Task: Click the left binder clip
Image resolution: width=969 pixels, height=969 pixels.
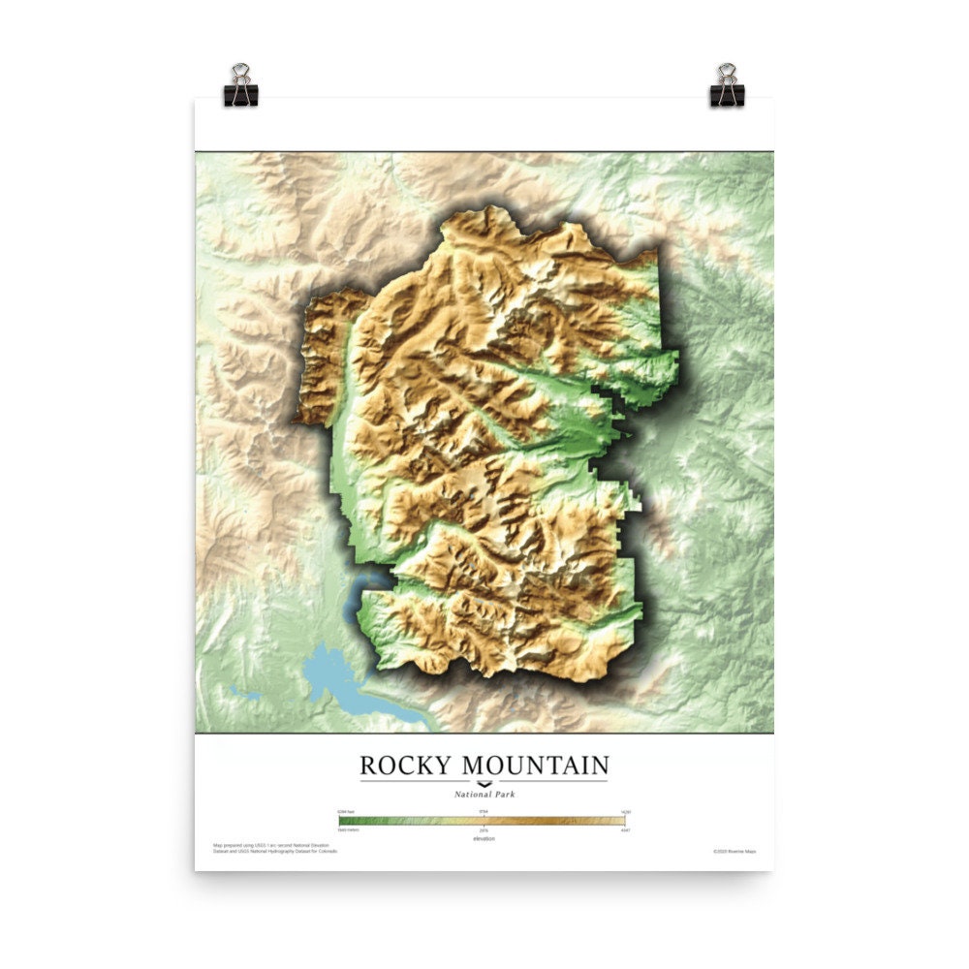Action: [x=240, y=86]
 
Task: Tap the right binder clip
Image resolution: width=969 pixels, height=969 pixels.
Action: [x=727, y=86]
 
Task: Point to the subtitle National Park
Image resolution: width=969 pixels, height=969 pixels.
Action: [x=484, y=794]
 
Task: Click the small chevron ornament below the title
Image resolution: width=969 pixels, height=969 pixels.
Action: [x=484, y=782]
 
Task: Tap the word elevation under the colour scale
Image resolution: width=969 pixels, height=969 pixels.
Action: [x=484, y=838]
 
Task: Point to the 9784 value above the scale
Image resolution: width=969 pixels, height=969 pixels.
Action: [x=484, y=811]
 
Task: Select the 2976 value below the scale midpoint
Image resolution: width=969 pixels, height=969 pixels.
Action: [x=484, y=830]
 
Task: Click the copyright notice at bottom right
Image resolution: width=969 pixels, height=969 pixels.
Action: [x=735, y=851]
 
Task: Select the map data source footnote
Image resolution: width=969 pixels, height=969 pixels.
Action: [x=276, y=848]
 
